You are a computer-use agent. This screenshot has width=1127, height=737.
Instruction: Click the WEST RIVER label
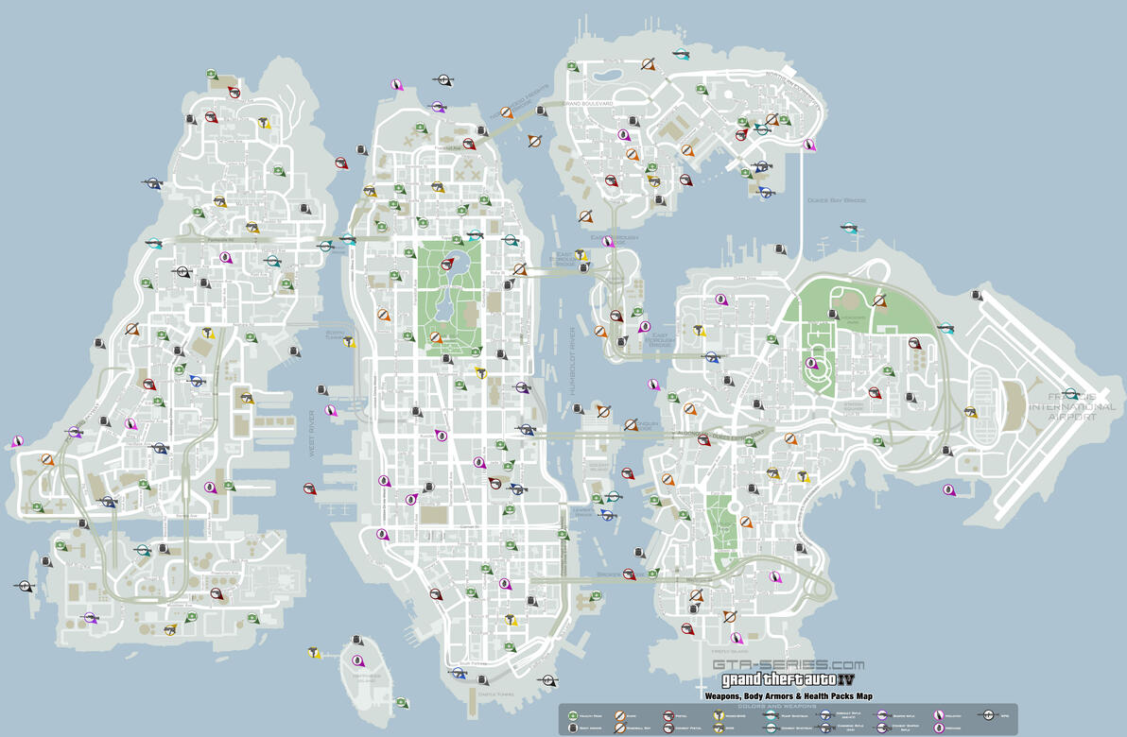pyautogui.click(x=312, y=434)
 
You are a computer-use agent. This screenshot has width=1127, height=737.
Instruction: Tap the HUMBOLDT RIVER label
pyautogui.click(x=573, y=368)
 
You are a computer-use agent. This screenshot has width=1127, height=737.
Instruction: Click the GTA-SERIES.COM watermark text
pyautogui.click(x=789, y=664)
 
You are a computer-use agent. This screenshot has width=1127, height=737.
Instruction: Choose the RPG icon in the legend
pyautogui.click(x=989, y=715)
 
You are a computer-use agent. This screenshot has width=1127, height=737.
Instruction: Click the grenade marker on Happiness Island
pyautogui.click(x=357, y=660)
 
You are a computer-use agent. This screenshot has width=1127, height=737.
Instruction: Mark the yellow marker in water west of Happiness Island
pyautogui.click(x=313, y=652)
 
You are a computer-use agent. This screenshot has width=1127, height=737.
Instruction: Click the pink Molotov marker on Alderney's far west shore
pyautogui.click(x=14, y=441)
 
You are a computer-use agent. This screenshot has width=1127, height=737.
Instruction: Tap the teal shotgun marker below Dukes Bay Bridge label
pyautogui.click(x=850, y=227)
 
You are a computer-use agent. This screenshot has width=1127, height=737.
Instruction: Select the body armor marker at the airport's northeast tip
pyautogui.click(x=977, y=296)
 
